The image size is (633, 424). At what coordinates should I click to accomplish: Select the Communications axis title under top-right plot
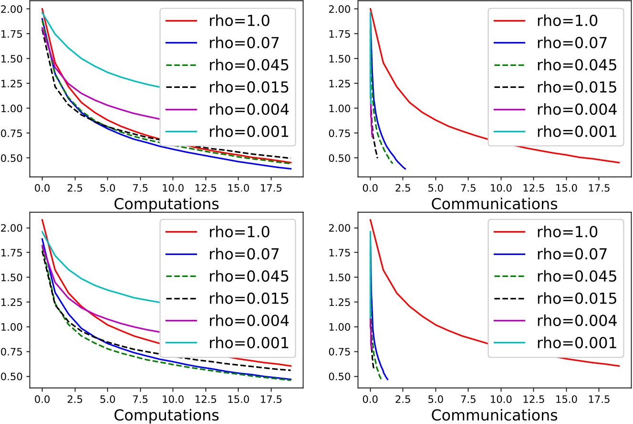494,203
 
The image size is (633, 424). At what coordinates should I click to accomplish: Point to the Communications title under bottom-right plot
494,414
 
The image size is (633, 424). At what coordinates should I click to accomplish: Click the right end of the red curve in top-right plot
619,163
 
